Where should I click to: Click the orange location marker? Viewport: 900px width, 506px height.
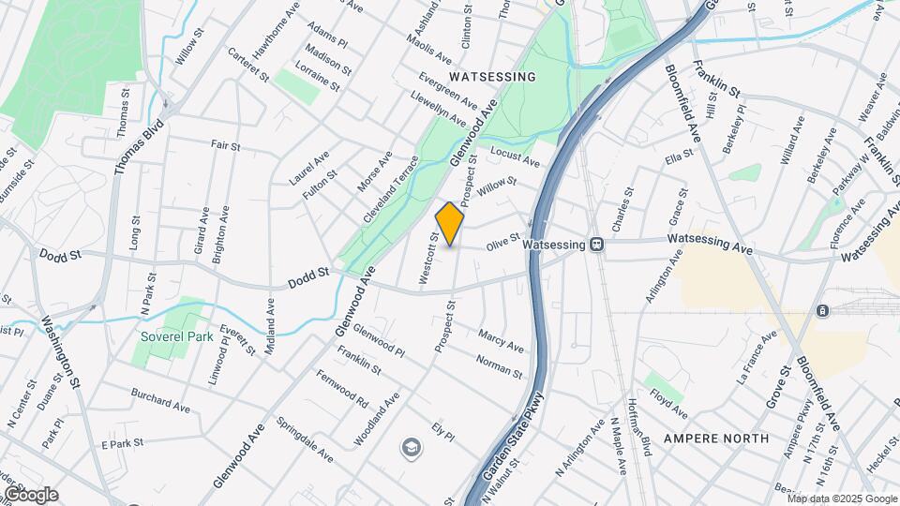click(450, 224)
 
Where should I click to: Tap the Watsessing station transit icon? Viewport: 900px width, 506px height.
click(597, 244)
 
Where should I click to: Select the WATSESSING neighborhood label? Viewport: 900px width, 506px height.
click(491, 76)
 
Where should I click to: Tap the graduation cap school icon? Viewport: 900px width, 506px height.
click(411, 447)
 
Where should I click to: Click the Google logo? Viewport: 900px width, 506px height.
click(30, 495)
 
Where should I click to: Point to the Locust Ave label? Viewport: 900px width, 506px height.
click(516, 156)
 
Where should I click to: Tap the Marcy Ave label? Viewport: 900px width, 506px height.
click(501, 340)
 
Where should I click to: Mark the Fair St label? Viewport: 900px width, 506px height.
click(226, 146)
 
